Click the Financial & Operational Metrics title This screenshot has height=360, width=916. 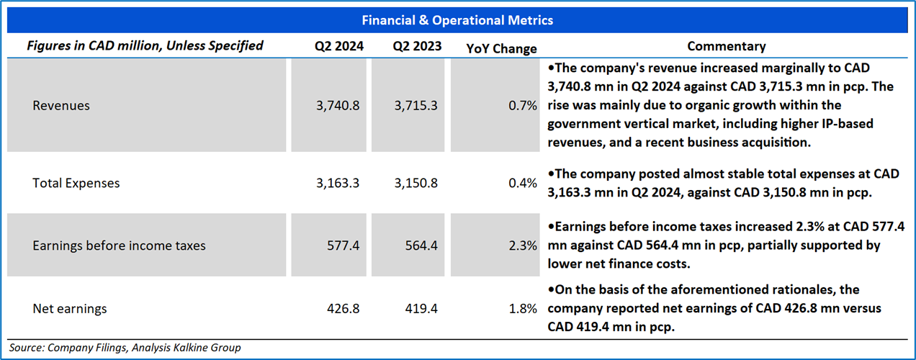coord(457,20)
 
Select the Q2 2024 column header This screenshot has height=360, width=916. coord(338,46)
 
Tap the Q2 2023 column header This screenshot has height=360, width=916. coord(417,46)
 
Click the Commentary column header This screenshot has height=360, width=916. coord(726,46)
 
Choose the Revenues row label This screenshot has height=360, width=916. coord(61,106)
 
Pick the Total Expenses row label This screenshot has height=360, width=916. coord(76,183)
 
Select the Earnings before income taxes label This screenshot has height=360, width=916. coord(119,246)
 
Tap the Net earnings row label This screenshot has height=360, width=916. coord(70,309)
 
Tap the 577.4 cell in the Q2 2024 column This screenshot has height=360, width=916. coord(343,246)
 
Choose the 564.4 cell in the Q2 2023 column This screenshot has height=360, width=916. coord(421,246)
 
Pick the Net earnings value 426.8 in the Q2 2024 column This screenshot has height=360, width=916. coord(343,309)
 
